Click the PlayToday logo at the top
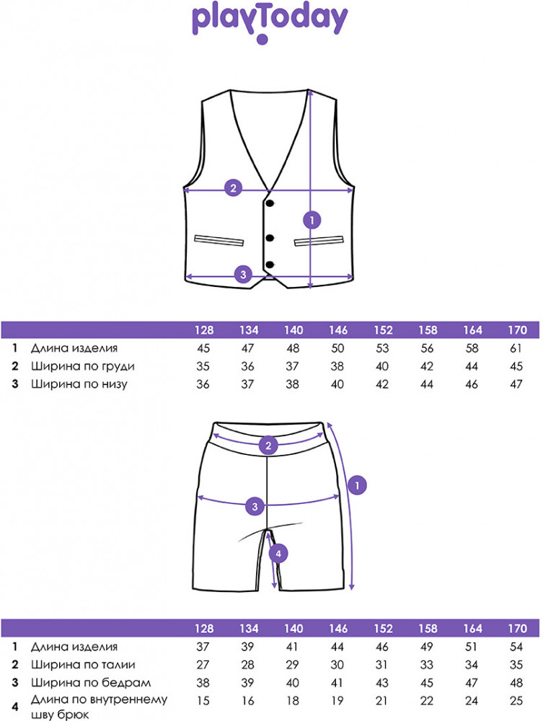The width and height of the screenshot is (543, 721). (270, 21)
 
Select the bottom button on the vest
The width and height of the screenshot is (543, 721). (270, 264)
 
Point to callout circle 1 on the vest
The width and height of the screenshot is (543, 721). (312, 218)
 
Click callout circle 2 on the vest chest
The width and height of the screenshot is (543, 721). (232, 189)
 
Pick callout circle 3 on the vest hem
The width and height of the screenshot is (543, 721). (243, 274)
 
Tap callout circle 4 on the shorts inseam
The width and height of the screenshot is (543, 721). (278, 554)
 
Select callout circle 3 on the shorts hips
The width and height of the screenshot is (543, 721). (254, 506)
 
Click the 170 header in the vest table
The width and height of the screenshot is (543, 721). (516, 330)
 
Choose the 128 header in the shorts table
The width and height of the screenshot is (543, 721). (204, 628)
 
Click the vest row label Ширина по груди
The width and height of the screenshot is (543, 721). (83, 366)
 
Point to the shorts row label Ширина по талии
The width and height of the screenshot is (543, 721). (83, 664)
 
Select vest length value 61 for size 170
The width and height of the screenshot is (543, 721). (516, 349)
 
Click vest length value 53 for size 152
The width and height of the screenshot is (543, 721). (382, 349)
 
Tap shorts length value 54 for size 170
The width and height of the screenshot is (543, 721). (516, 647)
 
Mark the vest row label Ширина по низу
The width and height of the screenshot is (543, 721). (79, 384)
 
